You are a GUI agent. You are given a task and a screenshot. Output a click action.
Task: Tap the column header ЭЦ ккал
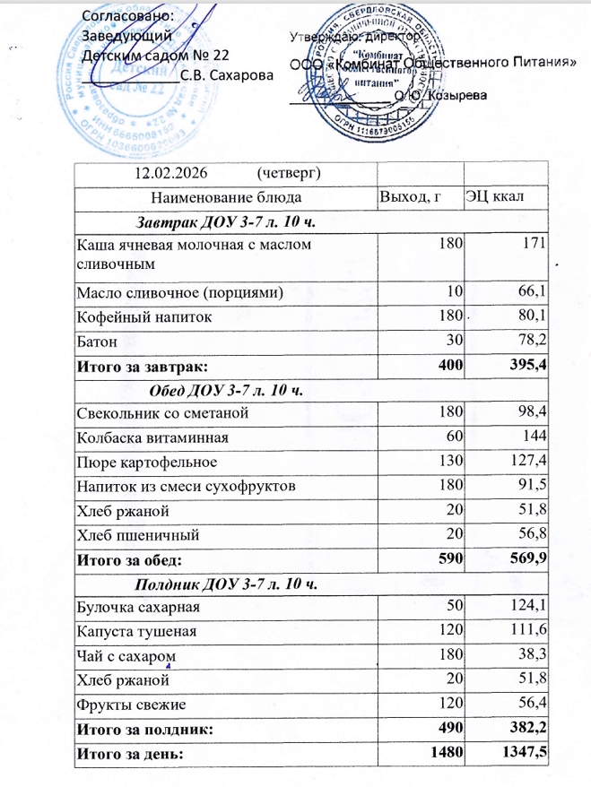[494, 195]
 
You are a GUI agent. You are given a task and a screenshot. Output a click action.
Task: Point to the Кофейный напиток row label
[132, 317]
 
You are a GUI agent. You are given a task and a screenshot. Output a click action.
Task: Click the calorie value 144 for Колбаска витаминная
[535, 437]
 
